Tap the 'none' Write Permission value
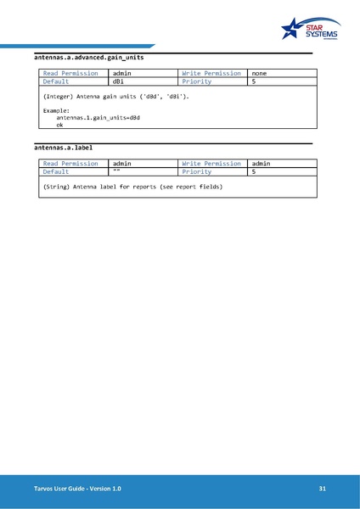click(260, 73)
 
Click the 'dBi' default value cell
click(119, 81)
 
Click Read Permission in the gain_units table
click(70, 73)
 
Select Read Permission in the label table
click(70, 164)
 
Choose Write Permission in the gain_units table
click(211, 73)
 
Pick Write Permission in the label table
click(211, 164)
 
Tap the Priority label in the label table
click(197, 172)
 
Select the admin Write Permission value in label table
click(262, 164)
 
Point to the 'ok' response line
click(60, 125)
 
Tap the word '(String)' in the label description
click(56, 186)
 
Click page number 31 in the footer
click(323, 489)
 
